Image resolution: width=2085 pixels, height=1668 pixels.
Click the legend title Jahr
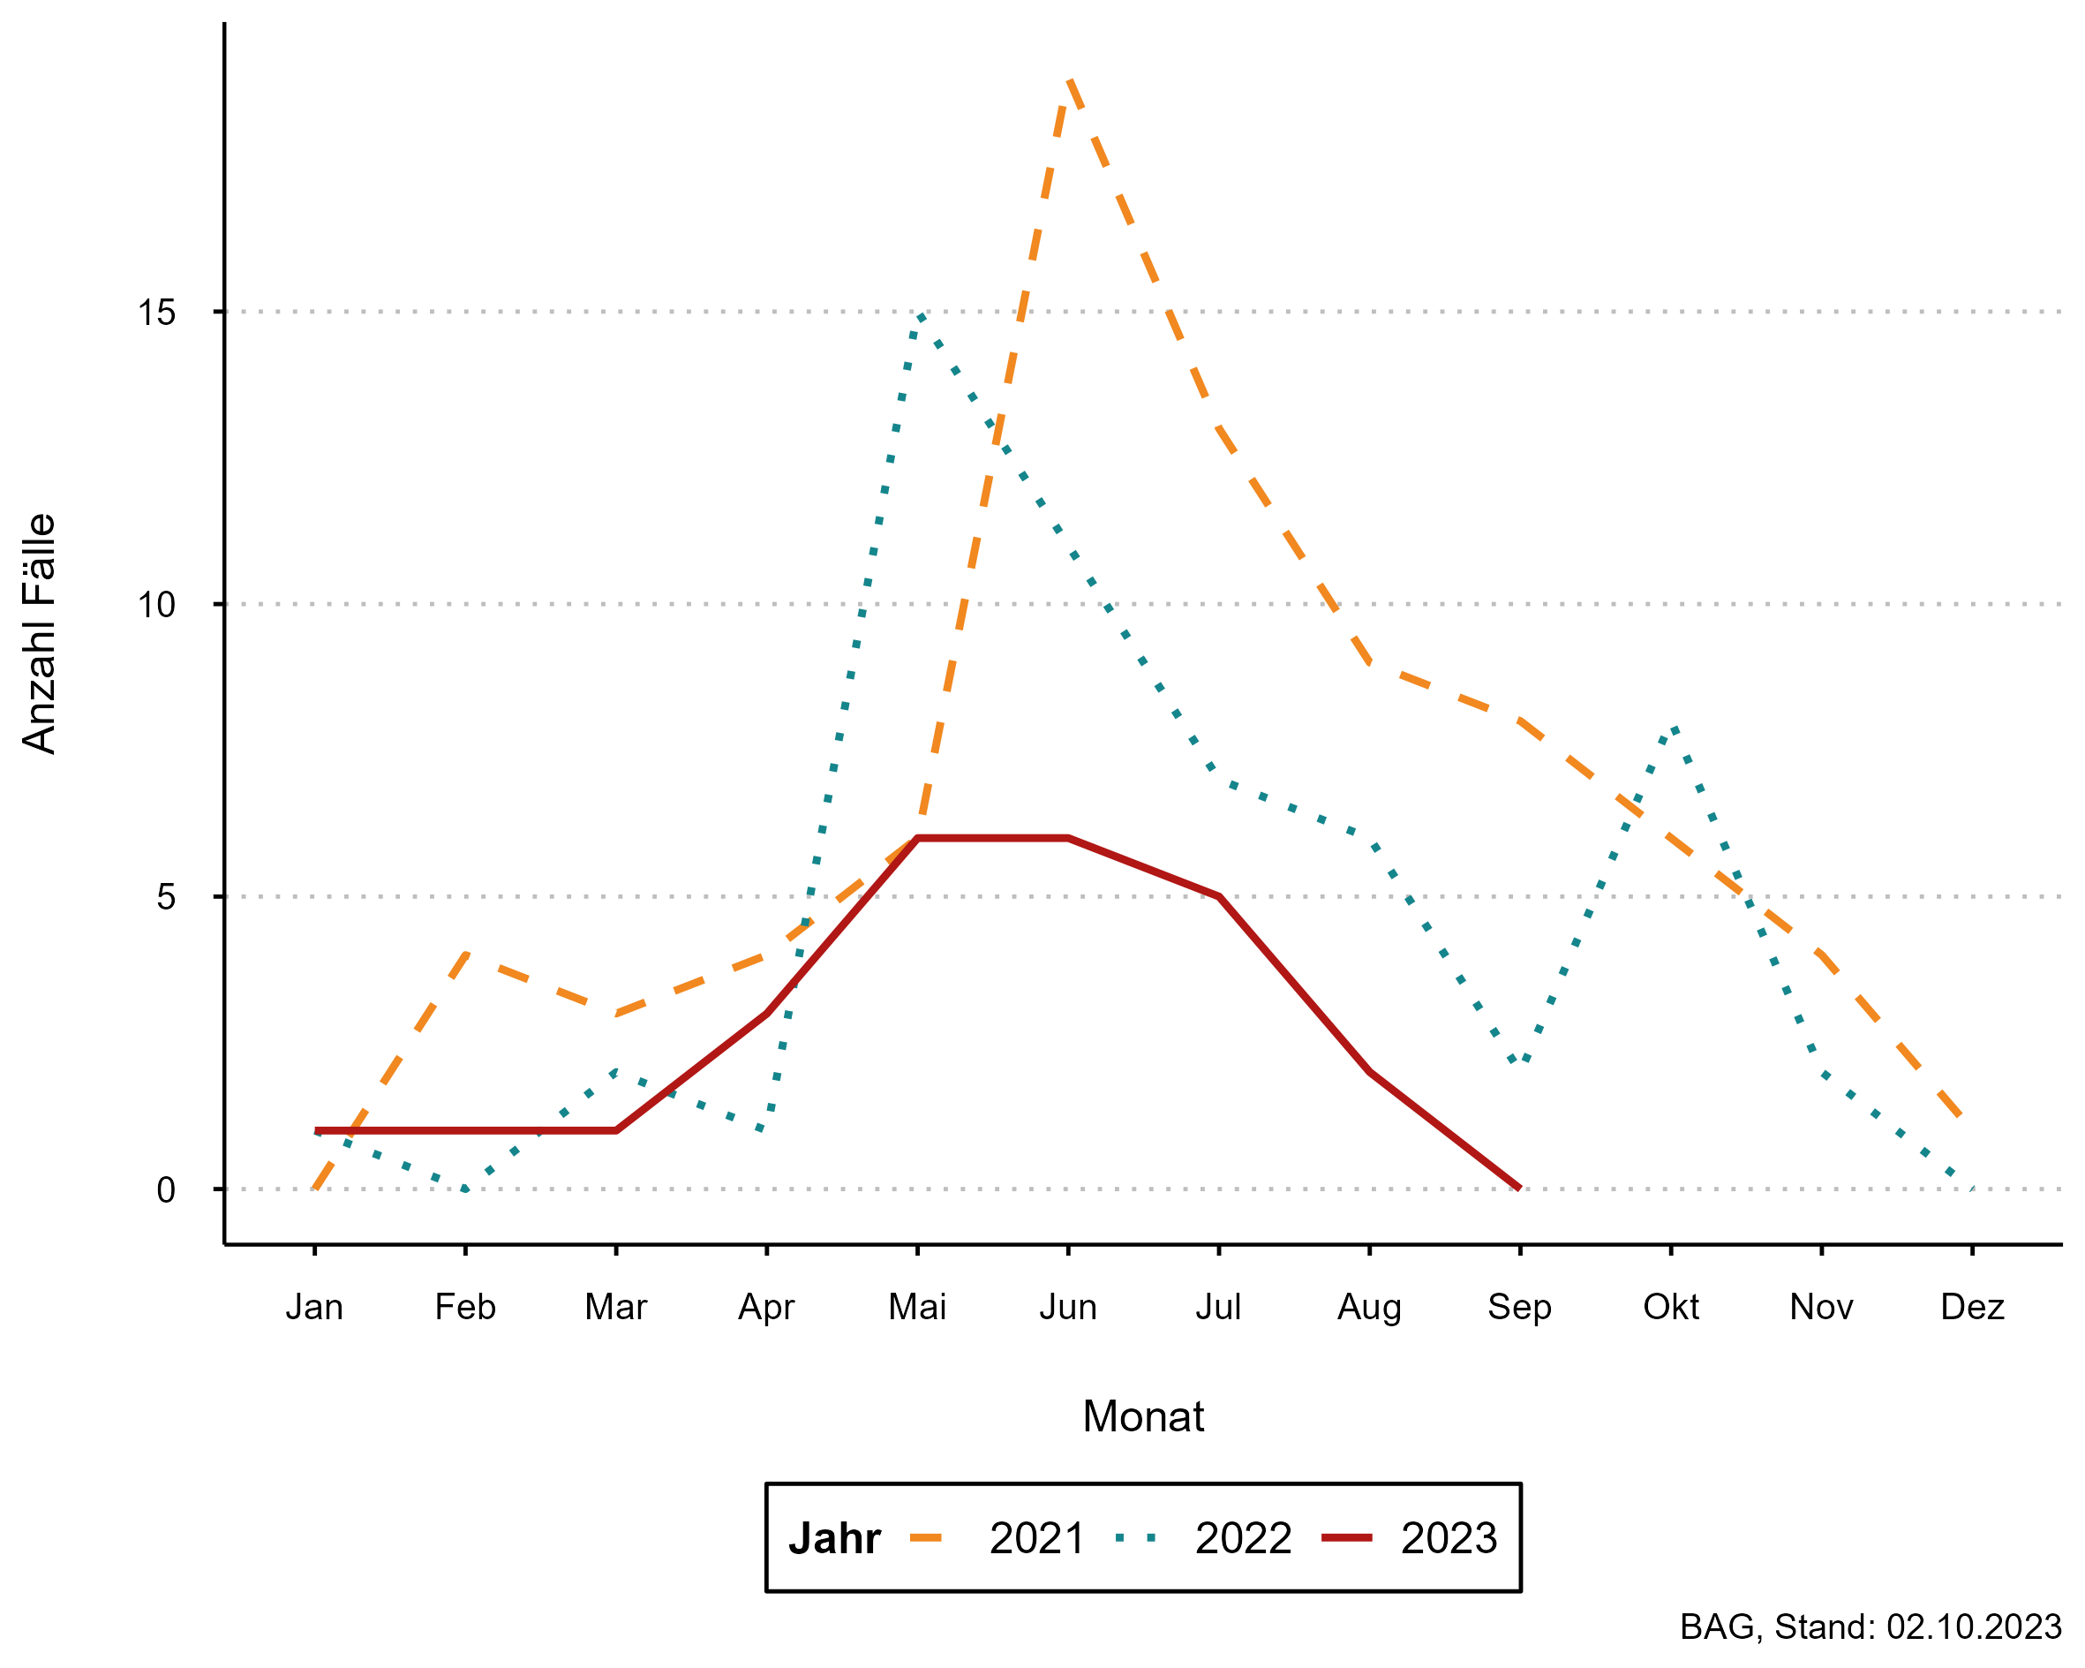[x=833, y=1538]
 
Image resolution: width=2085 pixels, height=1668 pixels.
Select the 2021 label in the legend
[x=1036, y=1538]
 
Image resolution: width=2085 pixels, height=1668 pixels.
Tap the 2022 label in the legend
[x=1243, y=1538]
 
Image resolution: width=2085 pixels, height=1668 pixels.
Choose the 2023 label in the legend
[x=1449, y=1538]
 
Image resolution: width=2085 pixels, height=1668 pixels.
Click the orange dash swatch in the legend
[x=925, y=1537]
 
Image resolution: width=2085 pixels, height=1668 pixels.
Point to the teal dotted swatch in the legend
[x=1135, y=1537]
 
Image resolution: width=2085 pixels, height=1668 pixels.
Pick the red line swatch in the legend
[x=1346, y=1537]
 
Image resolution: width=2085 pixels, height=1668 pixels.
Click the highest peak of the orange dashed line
[x=1069, y=80]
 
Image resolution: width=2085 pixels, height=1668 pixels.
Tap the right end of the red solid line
[x=1520, y=1189]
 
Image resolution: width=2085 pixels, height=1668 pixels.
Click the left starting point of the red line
[x=317, y=1130]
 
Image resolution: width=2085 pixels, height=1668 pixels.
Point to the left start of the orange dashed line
[x=314, y=1189]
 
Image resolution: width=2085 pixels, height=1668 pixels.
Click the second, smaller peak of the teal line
[x=1673, y=727]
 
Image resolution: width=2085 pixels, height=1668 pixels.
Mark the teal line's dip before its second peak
[x=1520, y=1063]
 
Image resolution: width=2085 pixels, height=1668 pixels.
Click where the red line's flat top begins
[x=917, y=838]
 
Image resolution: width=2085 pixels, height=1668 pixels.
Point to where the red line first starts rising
[x=617, y=1130]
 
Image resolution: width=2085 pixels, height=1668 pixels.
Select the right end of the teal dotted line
[x=1971, y=1189]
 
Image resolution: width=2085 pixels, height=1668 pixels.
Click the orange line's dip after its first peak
[x=617, y=1013]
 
